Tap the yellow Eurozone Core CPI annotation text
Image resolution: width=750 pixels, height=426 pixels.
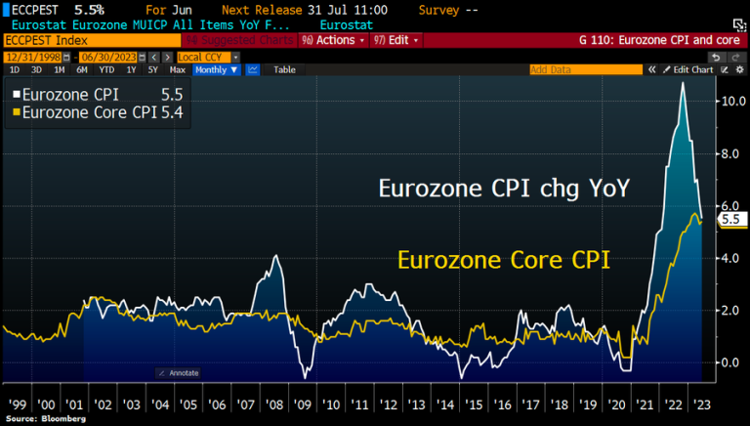(504, 260)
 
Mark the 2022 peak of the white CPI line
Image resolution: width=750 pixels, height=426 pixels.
(683, 84)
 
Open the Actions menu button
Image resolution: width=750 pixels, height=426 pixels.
(333, 40)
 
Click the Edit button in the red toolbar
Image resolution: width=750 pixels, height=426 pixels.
(402, 40)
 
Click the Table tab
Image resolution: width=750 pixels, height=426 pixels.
(284, 70)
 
